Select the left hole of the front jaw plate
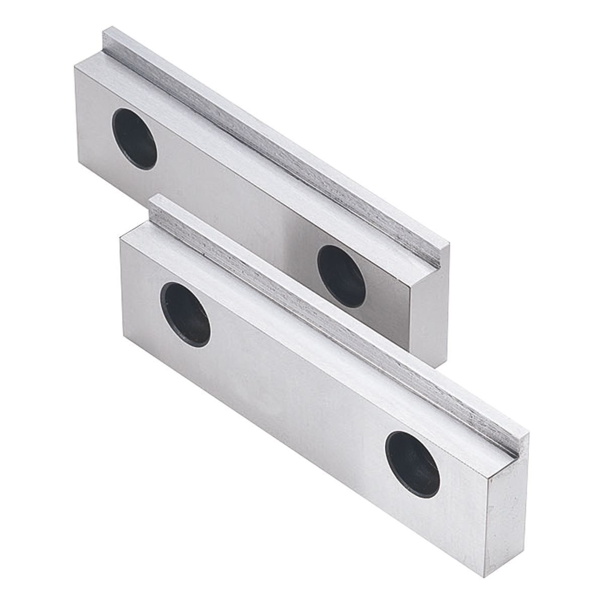[185, 314]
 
